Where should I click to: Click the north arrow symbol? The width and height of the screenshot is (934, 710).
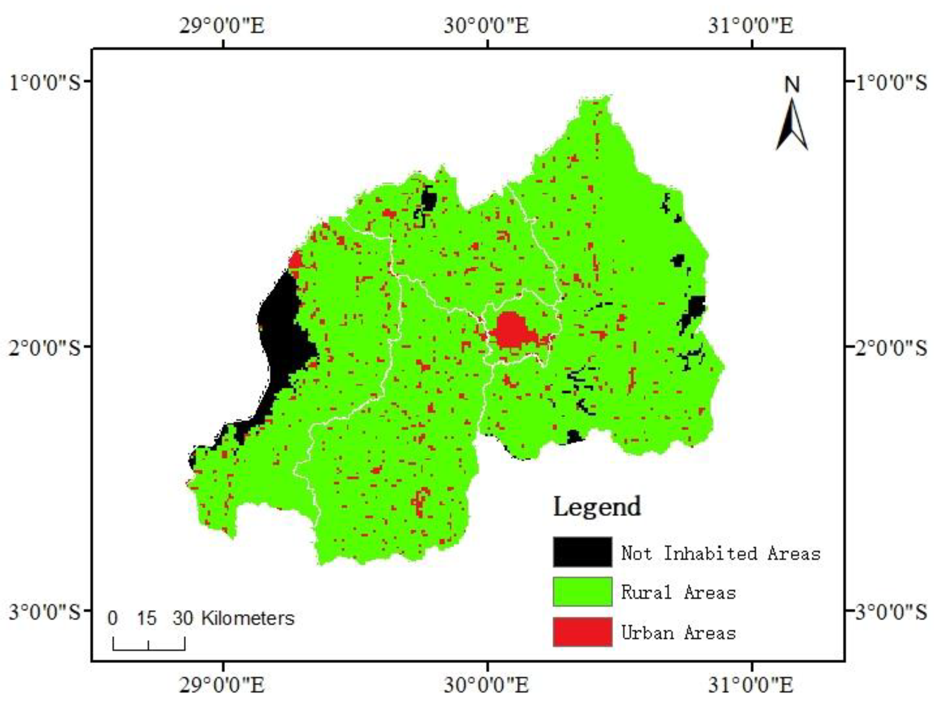[792, 125]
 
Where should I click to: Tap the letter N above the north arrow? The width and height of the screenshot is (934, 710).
[792, 85]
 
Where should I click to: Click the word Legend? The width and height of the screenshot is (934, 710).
[597, 507]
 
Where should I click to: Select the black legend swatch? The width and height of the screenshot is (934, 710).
[582, 552]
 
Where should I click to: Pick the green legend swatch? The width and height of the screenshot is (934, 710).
[582, 592]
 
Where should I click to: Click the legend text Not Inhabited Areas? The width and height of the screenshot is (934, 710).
[720, 553]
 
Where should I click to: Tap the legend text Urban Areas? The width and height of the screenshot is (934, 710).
[678, 633]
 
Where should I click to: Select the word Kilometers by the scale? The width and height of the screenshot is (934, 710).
[248, 618]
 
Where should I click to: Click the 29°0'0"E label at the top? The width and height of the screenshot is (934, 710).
[222, 25]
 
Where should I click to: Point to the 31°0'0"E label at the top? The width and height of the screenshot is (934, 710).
[751, 25]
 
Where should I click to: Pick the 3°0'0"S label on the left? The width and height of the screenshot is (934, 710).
[45, 612]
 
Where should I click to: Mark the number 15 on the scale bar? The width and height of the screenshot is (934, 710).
[147, 618]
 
